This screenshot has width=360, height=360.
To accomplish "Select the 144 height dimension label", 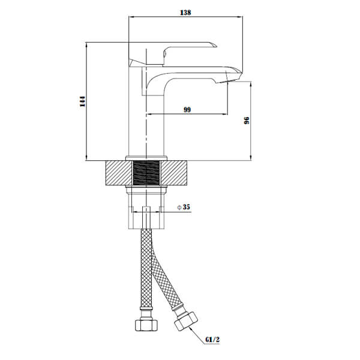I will click(82, 101).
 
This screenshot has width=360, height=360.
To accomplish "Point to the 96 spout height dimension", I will click(246, 121).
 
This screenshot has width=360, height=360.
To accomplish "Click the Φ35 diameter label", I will click(184, 207).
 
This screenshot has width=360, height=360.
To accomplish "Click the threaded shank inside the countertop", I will click(146, 173).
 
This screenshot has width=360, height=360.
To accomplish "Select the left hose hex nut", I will click(146, 326).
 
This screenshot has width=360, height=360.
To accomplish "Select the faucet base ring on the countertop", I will click(146, 158).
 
